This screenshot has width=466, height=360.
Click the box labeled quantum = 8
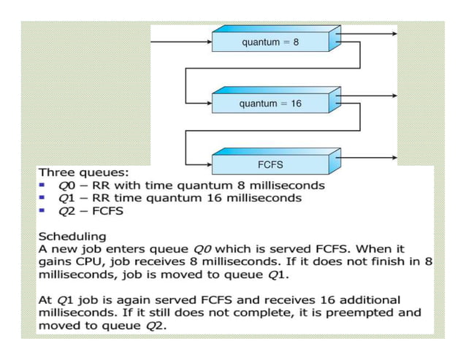270,42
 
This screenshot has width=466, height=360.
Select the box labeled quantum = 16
270,104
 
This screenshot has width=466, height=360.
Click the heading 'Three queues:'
83,174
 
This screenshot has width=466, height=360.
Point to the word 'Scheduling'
72,237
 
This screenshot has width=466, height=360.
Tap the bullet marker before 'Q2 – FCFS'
42,210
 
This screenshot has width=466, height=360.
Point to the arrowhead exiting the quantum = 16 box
394,96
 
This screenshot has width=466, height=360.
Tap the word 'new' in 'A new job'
64,249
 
